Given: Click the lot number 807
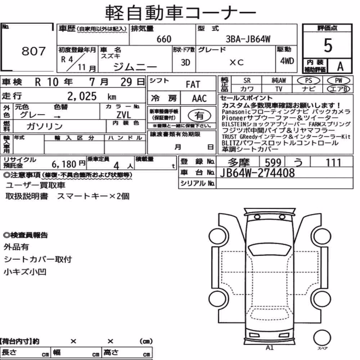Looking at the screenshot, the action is pos(33,51).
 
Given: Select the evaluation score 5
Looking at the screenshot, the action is pos(328,45).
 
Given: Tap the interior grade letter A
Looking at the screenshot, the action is pos(340,67).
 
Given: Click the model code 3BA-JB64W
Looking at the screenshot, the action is pos(248,39).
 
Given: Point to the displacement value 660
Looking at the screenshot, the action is pos(164,39).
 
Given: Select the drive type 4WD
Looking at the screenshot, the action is pos(287,61).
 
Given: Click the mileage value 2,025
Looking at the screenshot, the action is pos(82,96).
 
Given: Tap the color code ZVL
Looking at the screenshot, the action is pos(123,114).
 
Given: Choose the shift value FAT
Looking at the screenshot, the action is pos(193,85).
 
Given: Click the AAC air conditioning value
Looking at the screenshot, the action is pos(199,99).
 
